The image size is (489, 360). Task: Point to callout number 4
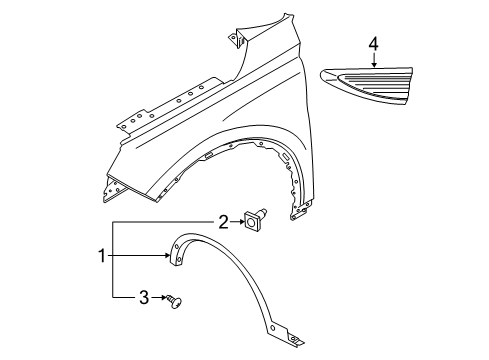coord(373,44)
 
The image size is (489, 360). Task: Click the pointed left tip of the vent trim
coord(324,74)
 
